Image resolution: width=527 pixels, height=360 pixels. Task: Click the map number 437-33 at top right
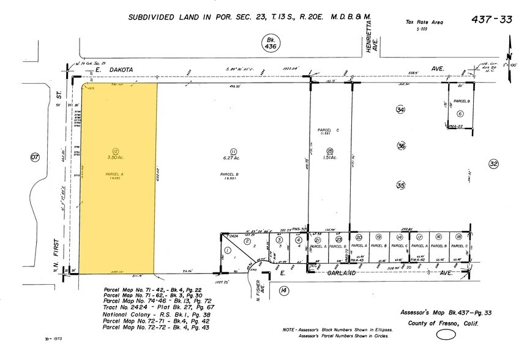point(491,20)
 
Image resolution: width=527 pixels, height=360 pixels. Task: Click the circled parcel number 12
point(114,151)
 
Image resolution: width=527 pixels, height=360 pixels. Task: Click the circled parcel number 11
point(233,151)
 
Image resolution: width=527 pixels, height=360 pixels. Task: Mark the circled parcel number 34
point(400,110)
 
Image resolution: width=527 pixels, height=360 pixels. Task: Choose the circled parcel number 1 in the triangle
point(228,250)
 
